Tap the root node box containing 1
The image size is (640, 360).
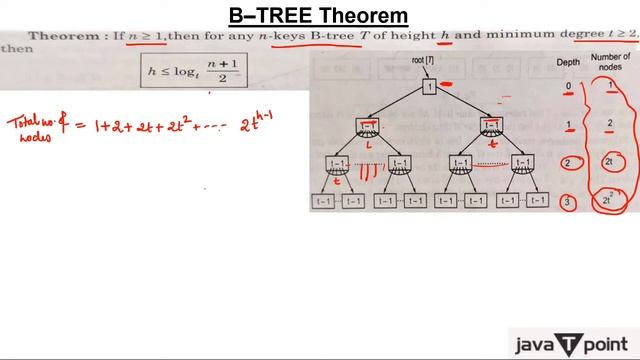tap(428, 87)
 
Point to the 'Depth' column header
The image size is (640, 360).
tap(567, 62)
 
